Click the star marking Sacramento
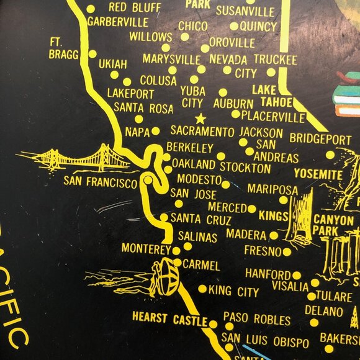pyautogui.click(x=200, y=118)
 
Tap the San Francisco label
pyautogui.click(x=100, y=182)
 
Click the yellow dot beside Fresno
pyautogui.click(x=287, y=251)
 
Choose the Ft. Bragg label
pyautogui.click(x=63, y=48)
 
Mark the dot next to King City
pyautogui.click(x=202, y=289)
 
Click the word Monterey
pyautogui.click(x=145, y=248)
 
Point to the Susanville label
pyautogui.click(x=245, y=11)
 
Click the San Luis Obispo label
pyautogui.click(x=265, y=341)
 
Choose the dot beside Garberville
pyautogui.click(x=90, y=9)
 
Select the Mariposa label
pyautogui.click(x=272, y=189)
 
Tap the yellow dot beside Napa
pyautogui.click(x=156, y=131)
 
